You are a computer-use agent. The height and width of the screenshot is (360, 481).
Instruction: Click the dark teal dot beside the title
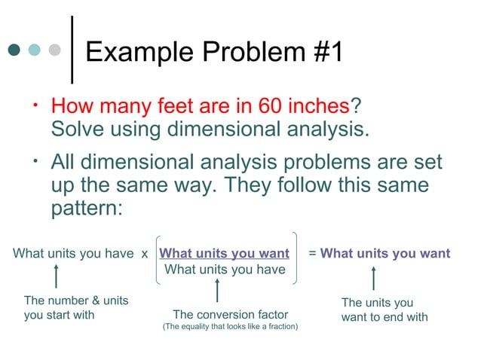(14, 50)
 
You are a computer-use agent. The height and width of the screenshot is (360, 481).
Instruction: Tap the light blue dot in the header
(35, 50)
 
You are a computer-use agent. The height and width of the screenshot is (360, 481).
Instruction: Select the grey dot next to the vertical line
(54, 50)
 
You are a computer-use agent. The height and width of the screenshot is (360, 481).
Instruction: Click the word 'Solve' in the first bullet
(78, 128)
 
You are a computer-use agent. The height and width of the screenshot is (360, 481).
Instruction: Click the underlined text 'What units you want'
(225, 253)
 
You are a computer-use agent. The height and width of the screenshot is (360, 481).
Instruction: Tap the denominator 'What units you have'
(225, 270)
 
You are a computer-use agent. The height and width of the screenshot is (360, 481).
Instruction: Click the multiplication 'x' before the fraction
(145, 253)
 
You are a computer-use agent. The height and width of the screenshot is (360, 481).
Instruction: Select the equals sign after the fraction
(313, 253)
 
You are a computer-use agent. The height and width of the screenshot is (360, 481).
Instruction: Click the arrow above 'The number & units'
(55, 276)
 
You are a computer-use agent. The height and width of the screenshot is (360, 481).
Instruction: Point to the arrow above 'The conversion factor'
(217, 291)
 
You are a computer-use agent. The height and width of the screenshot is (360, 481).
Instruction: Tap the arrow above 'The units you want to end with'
(375, 277)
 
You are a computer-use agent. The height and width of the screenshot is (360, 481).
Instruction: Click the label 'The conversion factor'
(230, 314)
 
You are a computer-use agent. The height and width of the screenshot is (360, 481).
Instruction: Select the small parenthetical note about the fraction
(230, 327)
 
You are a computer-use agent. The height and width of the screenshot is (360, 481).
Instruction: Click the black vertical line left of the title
(72, 49)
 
